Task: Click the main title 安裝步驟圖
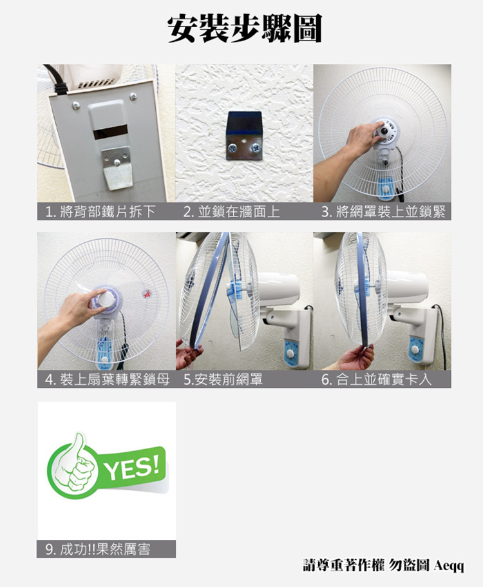click(x=245, y=28)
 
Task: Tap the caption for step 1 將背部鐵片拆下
click(x=100, y=211)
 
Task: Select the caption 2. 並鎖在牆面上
click(x=232, y=211)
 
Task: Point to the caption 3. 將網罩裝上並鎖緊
click(x=383, y=211)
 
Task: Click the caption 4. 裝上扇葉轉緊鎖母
click(x=107, y=380)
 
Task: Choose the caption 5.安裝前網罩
click(x=223, y=380)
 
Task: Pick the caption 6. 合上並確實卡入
click(x=376, y=380)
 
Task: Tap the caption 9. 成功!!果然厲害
click(x=98, y=549)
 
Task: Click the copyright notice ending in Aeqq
click(x=383, y=565)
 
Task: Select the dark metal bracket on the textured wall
click(x=243, y=135)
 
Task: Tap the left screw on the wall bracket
click(x=232, y=149)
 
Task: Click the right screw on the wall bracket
click(x=256, y=147)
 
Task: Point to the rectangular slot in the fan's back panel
click(x=110, y=133)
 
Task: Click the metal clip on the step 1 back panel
click(x=117, y=168)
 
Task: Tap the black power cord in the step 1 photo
click(x=55, y=79)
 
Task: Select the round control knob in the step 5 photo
click(x=290, y=354)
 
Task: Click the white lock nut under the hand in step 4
click(x=107, y=299)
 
